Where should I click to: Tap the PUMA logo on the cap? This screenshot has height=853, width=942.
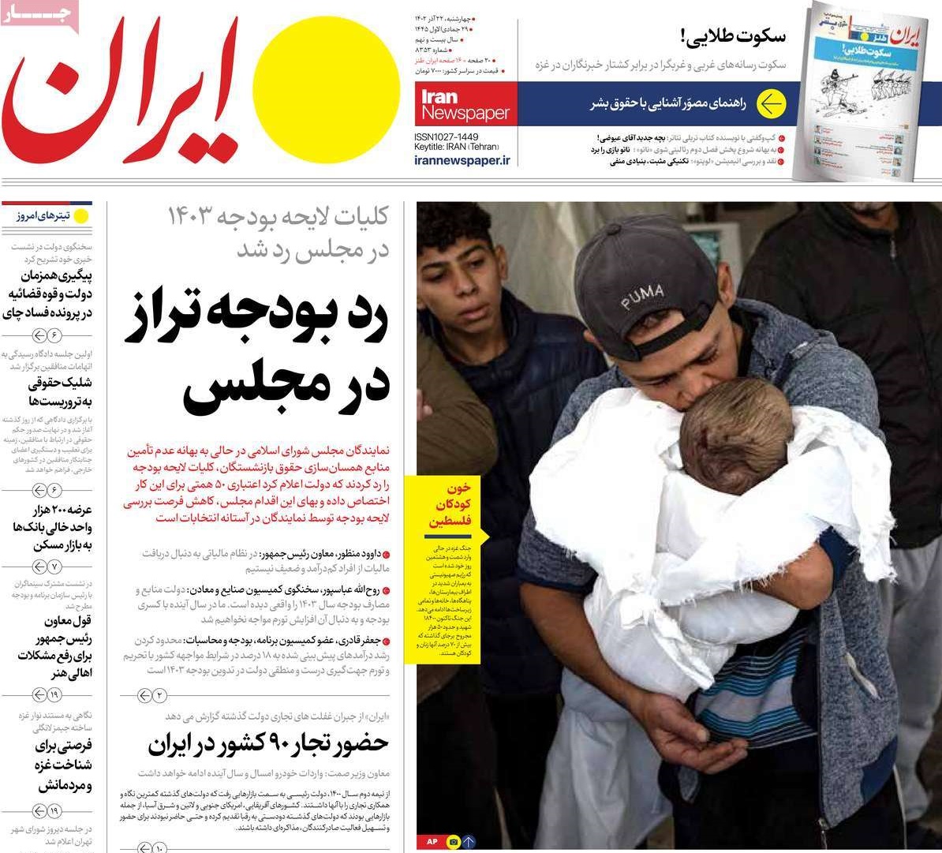pos(641,297)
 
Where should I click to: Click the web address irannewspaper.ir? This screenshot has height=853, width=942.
pos(462,160)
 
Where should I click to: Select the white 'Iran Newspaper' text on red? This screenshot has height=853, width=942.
pos(465,106)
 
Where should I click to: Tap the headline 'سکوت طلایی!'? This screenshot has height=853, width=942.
pos(732,36)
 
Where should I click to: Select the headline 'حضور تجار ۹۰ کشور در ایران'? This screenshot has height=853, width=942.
pos(268,743)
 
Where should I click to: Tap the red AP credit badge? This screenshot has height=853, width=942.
pos(432,841)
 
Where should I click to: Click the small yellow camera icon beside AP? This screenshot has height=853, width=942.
pos(453,841)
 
